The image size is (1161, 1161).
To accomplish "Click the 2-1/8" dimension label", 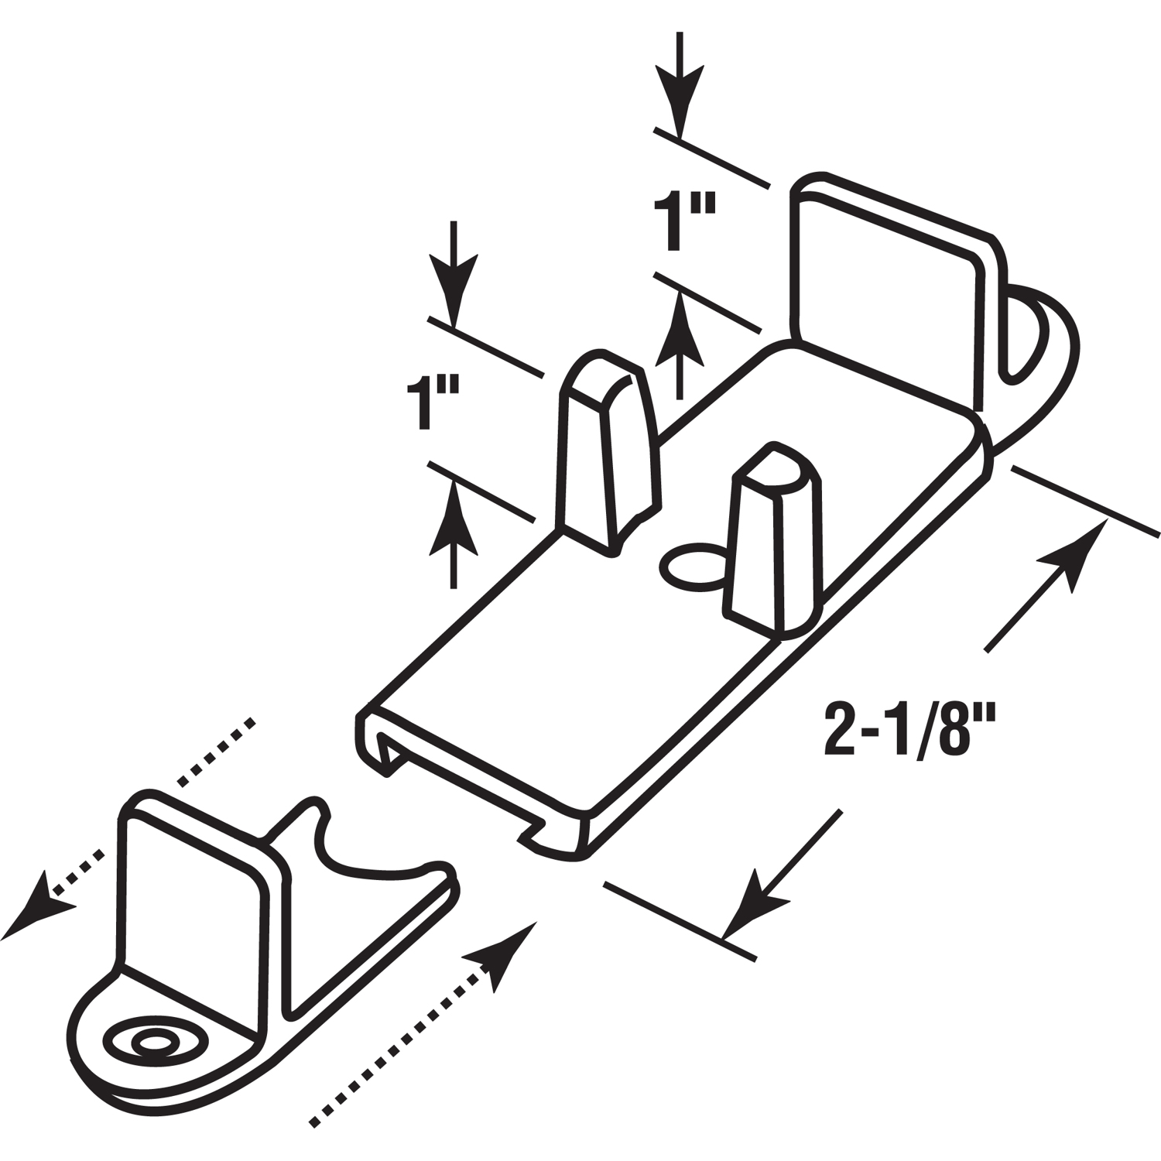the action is coord(897,728).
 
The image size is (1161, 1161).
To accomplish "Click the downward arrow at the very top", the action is coord(680,84).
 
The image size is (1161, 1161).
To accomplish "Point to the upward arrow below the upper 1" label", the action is coord(680,344).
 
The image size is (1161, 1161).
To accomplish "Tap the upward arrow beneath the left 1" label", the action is coord(453,534).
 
